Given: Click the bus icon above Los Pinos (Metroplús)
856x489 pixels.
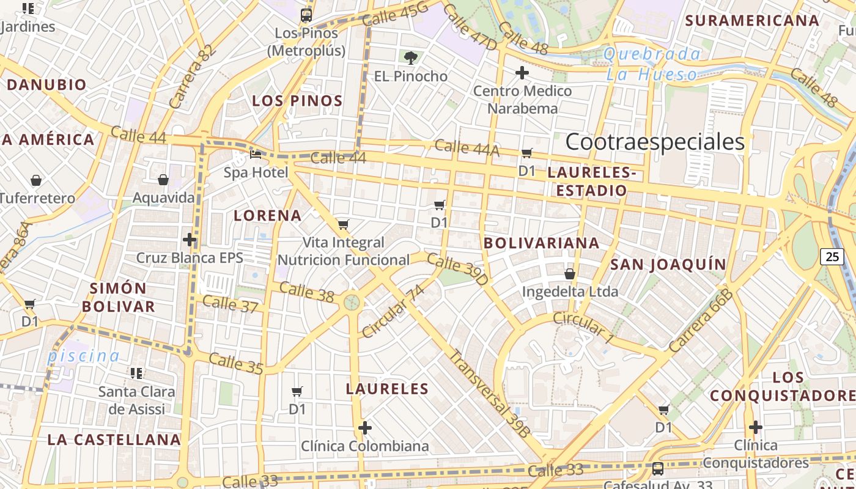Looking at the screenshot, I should [x=306, y=15].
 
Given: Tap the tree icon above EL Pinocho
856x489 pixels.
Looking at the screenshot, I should [x=411, y=58].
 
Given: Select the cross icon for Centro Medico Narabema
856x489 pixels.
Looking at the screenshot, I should [x=522, y=73].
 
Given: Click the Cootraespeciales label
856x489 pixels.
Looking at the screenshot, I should [x=655, y=142].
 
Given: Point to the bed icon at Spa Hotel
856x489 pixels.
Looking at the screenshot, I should [x=256, y=155].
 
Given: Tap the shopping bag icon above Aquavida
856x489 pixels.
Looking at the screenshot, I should [x=163, y=180].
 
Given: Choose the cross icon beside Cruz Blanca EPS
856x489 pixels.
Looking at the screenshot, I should [x=190, y=240].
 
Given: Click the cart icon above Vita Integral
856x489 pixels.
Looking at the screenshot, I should [x=343, y=225].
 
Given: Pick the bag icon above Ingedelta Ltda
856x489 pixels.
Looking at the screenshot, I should [x=569, y=273].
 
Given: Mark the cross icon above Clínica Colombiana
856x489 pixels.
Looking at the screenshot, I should [x=365, y=428].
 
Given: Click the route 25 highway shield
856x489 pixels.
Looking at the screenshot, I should [x=832, y=257].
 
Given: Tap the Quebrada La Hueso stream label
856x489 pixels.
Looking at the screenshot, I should [x=652, y=64].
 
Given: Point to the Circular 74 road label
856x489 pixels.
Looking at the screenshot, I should [x=393, y=312].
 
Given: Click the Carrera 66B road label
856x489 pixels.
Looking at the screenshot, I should [x=700, y=321].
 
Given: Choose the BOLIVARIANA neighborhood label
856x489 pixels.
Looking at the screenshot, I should [x=541, y=243].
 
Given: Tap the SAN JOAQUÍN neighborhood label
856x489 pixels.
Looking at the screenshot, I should [x=668, y=265].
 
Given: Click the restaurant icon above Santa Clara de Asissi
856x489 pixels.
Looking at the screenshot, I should [x=136, y=373].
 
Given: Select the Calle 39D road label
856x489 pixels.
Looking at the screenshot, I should [x=458, y=269].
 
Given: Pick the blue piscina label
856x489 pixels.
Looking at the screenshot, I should [x=84, y=356].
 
